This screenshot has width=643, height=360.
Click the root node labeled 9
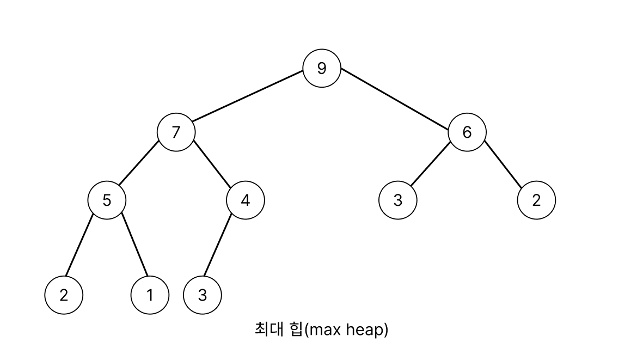[x=322, y=68]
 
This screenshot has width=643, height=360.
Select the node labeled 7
[x=176, y=132]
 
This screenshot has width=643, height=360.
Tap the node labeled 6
[x=467, y=132]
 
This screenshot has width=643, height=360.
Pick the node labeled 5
[x=107, y=200]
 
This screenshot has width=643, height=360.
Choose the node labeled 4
[x=245, y=200]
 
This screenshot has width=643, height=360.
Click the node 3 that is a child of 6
[x=397, y=200]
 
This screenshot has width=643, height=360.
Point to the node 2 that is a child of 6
[x=536, y=200]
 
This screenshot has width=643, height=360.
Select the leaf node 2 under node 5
[x=64, y=295]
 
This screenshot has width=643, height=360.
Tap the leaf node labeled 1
[x=150, y=295]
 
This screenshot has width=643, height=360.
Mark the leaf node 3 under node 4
[x=203, y=295]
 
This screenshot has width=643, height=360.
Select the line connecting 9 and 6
[x=395, y=100]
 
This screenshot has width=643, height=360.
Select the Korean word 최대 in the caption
[x=267, y=330]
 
